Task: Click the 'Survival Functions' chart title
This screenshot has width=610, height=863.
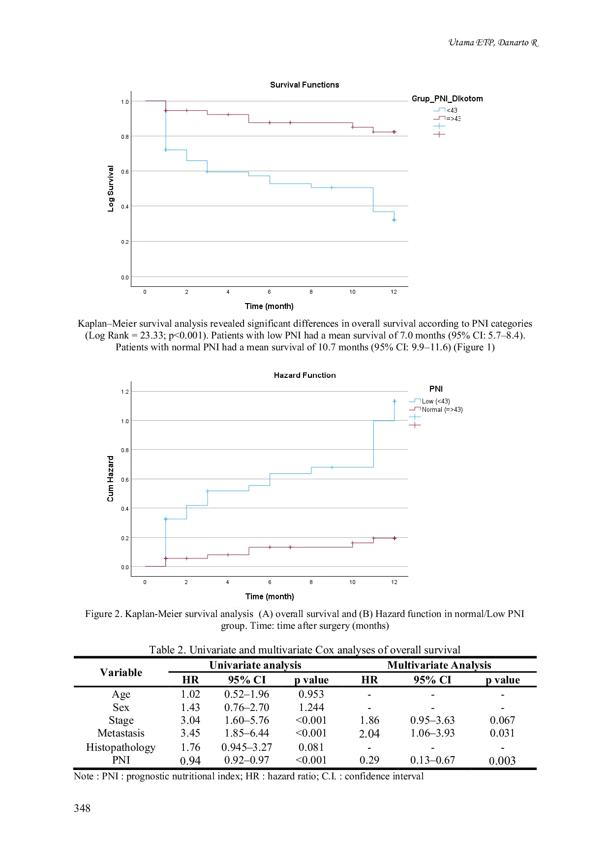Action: pyautogui.click(x=305, y=85)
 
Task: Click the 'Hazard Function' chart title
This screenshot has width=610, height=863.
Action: pyautogui.click(x=305, y=375)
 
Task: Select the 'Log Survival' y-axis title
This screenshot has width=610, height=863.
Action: pyautogui.click(x=111, y=188)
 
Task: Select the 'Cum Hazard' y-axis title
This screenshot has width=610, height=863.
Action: pyautogui.click(x=111, y=479)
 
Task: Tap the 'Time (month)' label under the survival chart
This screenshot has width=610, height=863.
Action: pyautogui.click(x=269, y=306)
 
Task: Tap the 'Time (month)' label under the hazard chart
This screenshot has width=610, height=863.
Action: pyautogui.click(x=270, y=596)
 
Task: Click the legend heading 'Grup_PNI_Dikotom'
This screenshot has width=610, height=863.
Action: pyautogui.click(x=447, y=98)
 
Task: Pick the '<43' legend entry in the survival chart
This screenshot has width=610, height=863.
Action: pyautogui.click(x=452, y=110)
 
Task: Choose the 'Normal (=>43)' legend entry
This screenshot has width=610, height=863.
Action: pyautogui.click(x=442, y=409)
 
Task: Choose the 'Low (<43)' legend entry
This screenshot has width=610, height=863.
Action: pyautogui.click(x=436, y=401)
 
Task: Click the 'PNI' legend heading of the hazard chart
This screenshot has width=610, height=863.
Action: pyautogui.click(x=436, y=389)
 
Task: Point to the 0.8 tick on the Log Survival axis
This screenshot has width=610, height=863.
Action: pyautogui.click(x=125, y=137)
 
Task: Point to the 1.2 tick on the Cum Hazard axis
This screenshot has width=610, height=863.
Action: pyautogui.click(x=125, y=392)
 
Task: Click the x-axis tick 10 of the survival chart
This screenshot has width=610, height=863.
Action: pyautogui.click(x=352, y=292)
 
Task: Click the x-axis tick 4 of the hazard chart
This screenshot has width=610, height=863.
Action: pyautogui.click(x=227, y=582)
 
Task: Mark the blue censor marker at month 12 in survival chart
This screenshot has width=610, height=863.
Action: pyautogui.click(x=394, y=220)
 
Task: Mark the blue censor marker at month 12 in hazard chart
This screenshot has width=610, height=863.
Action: pyautogui.click(x=395, y=401)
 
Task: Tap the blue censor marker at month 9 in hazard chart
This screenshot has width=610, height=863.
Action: pyautogui.click(x=332, y=467)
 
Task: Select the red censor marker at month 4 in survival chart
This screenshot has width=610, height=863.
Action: pyautogui.click(x=228, y=115)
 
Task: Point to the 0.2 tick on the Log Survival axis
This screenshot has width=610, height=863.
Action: pyautogui.click(x=125, y=242)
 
